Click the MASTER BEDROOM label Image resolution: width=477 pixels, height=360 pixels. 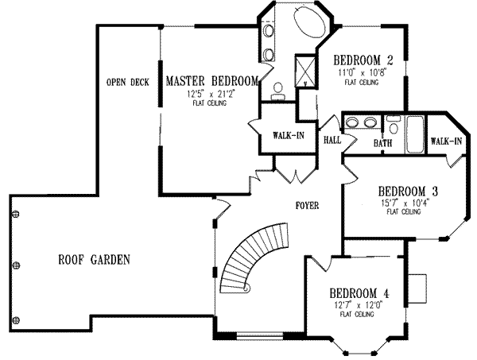pos(211,80)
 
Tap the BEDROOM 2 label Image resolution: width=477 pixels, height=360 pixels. pos(363,60)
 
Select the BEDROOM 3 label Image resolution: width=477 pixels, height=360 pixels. pos(409,192)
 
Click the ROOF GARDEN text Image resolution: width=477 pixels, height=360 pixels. pos(94,259)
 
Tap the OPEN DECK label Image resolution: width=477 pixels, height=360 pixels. pos(129,82)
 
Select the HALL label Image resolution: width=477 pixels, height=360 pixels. pos(332,140)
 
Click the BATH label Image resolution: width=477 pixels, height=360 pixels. pos(383,143)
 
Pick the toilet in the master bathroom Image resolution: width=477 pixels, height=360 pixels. pos(279,89)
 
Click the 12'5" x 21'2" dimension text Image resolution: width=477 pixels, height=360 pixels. pos(211,93)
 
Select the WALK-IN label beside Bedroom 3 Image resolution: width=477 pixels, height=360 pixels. pos(447,141)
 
